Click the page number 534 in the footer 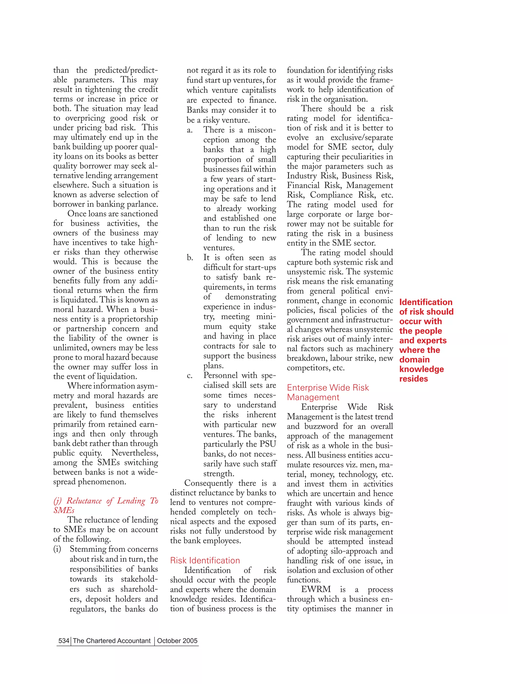(64, 640)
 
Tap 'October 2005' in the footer (177, 640)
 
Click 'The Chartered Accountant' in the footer (112, 640)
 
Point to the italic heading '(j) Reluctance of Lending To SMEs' (105, 505)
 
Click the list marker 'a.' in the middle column (190, 130)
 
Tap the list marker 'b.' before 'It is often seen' (190, 258)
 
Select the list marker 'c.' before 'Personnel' (190, 376)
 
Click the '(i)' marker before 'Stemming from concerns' (57, 549)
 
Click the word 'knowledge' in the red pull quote (421, 369)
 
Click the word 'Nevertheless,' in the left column (135, 453)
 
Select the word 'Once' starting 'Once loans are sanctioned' (77, 214)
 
